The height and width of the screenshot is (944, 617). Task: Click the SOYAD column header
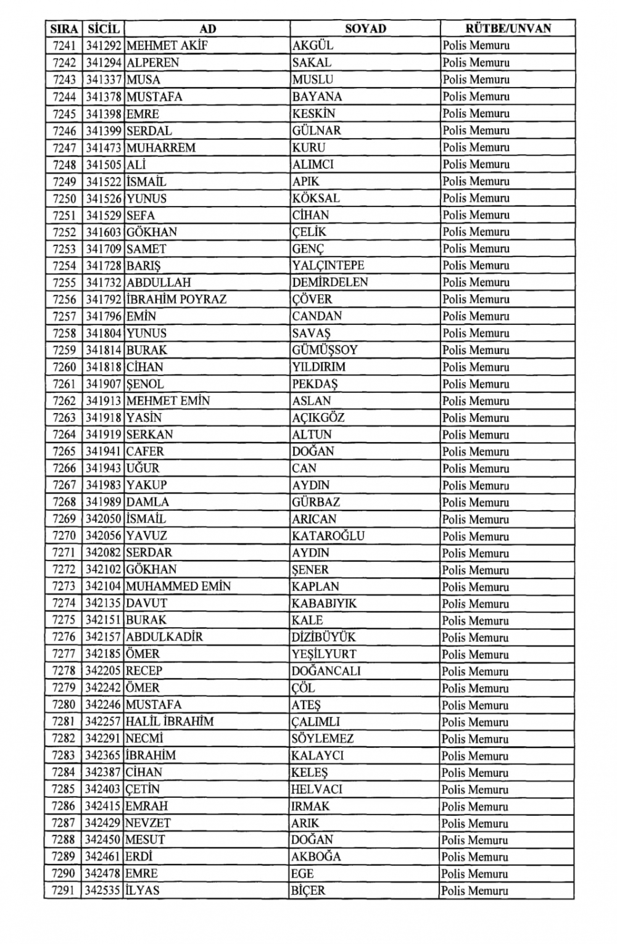[x=365, y=28]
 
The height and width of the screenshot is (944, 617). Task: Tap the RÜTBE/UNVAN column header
[x=508, y=28]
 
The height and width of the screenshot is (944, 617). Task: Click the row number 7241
[x=64, y=46]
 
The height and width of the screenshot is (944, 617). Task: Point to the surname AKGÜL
[x=313, y=46]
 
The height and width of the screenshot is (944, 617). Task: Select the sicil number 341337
[x=104, y=80]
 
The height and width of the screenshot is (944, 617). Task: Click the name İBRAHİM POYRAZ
[x=176, y=300]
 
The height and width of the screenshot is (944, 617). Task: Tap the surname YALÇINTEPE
[x=328, y=266]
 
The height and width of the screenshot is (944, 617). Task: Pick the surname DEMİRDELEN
[x=330, y=282]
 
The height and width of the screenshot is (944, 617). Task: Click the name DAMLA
[x=147, y=502]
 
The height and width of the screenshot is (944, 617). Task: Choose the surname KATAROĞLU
[x=328, y=536]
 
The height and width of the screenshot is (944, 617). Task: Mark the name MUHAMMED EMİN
[x=178, y=586]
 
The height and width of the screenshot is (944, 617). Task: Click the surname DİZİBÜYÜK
[x=323, y=637]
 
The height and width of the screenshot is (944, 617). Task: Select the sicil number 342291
[x=103, y=739]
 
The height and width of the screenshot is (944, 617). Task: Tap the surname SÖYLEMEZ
[x=322, y=739]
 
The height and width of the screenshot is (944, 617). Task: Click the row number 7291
[x=64, y=890]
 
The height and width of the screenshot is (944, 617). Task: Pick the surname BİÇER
[x=308, y=890]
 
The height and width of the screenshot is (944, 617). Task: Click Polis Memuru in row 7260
[x=476, y=367]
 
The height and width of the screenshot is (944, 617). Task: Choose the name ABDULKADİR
[x=164, y=637]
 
